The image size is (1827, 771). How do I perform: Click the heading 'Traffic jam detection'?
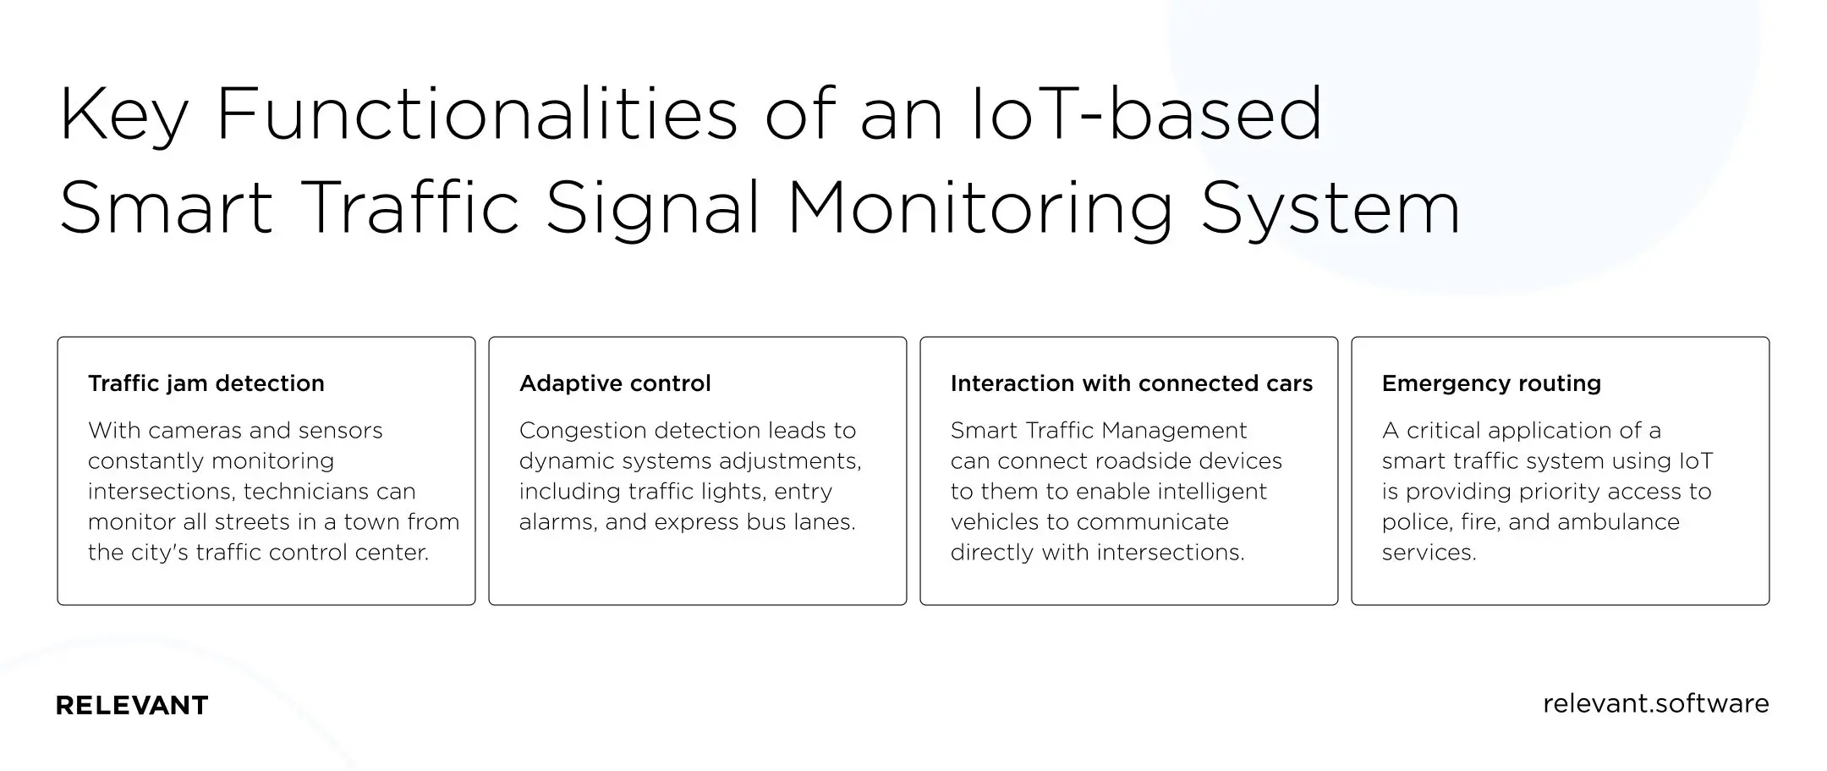206,383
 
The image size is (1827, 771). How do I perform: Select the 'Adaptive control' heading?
615,383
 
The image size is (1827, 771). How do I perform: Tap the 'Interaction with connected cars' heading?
1131,383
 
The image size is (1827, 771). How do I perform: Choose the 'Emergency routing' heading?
1491,383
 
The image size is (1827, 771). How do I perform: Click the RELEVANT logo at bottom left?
132,705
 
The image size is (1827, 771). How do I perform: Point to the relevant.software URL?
1655,703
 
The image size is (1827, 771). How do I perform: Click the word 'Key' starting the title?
123,116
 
